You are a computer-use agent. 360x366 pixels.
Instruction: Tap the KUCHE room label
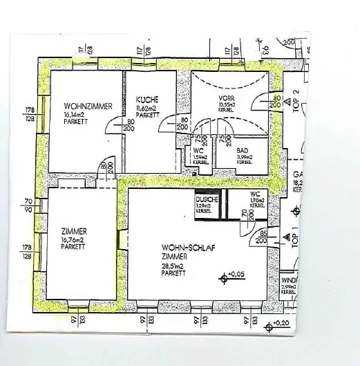pyautogui.click(x=147, y=99)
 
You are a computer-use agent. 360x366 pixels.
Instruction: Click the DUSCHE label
pyautogui.click(x=207, y=200)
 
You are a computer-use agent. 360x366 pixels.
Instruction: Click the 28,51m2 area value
pyautogui.click(x=175, y=265)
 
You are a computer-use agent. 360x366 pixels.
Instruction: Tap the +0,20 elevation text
pyautogui.click(x=281, y=323)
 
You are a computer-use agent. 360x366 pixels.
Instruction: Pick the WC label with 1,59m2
pyautogui.click(x=198, y=150)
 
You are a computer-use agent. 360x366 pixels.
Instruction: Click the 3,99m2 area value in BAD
pyautogui.click(x=244, y=158)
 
